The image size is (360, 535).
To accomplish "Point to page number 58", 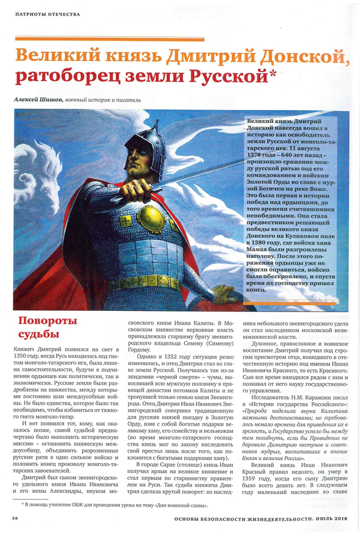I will [x=14, y=518].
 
